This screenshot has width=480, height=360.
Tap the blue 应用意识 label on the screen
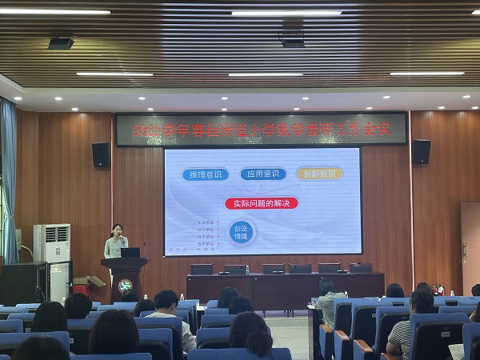[262, 174]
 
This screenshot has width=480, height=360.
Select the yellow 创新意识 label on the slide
[319, 173]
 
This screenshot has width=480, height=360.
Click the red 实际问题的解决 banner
[262, 202]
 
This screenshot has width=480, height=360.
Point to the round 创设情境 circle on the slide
[239, 233]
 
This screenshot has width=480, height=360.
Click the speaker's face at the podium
[117, 231]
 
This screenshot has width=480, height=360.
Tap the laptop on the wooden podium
[130, 252]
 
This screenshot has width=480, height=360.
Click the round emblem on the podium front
[125, 286]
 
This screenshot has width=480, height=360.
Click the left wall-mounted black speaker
[101, 154]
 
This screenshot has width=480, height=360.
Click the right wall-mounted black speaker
[421, 151]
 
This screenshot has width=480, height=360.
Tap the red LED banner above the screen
[261, 130]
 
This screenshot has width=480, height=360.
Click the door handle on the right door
[464, 249]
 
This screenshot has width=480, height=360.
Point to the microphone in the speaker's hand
[122, 240]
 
